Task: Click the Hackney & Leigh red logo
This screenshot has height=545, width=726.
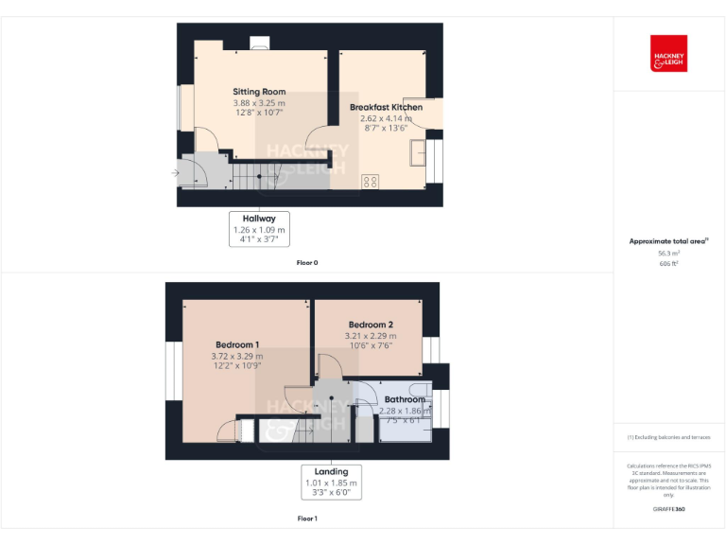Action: pos(668,54)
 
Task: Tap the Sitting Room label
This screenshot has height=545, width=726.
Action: pos(259,92)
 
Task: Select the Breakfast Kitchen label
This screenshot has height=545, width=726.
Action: pos(386,108)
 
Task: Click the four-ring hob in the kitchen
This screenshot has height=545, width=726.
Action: pos(371,180)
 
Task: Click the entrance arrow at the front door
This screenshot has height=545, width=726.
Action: pos(175,173)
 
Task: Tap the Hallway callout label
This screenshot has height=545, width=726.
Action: pos(259,219)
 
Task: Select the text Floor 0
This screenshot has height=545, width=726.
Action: pos(307,262)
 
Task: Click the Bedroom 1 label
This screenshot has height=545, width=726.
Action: pos(237,344)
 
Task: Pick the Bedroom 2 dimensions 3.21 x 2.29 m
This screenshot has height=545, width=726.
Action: pos(370,336)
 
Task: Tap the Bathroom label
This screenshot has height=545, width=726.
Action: pos(405,399)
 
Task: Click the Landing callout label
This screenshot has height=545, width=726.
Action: pos(331,471)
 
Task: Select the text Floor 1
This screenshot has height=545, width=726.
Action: pos(307,519)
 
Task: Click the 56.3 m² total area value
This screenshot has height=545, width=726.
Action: pos(668,254)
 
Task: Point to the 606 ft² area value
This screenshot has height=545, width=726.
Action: pos(668,264)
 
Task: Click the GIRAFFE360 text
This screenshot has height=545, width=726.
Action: pos(668,509)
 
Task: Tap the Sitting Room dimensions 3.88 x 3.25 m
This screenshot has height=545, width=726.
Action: pos(259,102)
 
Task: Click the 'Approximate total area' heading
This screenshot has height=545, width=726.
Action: pos(667,241)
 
